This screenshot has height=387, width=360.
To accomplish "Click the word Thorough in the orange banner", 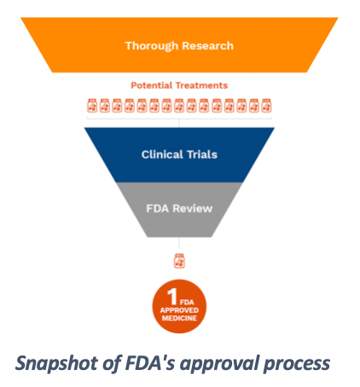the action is [152, 46].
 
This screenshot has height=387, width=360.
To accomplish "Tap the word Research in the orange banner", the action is [207, 46].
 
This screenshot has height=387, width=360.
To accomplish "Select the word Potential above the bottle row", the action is [152, 85].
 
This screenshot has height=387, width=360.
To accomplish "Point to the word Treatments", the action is [201, 85].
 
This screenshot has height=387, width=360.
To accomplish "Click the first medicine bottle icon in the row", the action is [92, 106].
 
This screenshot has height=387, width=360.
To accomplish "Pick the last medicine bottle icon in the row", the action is [266, 106].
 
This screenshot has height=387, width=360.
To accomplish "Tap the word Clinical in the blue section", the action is [162, 154].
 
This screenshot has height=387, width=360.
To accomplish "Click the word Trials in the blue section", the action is [202, 154].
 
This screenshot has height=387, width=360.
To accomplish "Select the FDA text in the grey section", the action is [157, 209].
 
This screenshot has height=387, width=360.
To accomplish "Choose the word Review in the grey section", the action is [193, 209].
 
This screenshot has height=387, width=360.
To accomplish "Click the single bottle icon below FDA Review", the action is [179, 261].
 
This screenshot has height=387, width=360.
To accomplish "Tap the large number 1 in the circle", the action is [172, 297].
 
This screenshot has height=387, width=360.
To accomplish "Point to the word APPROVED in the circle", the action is [179, 310].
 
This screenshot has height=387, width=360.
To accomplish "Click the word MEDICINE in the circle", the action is [179, 318].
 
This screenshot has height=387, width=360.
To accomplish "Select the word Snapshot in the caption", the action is [57, 364].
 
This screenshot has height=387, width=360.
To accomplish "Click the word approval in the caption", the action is [219, 364].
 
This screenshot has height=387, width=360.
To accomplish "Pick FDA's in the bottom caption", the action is [150, 363].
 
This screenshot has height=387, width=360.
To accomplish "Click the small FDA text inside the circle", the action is [187, 303].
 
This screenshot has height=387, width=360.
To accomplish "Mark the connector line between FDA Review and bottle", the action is [179, 245].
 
